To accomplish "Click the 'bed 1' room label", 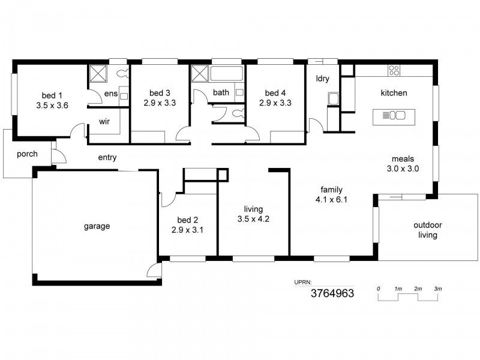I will click(x=52, y=95).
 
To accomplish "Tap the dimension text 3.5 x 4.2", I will click(x=253, y=218).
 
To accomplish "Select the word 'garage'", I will click(x=96, y=226).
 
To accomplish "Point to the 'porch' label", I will click(x=27, y=154).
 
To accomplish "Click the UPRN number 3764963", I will click(x=332, y=293).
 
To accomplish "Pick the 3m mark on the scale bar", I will click(x=438, y=289).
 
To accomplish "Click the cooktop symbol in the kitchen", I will click(x=394, y=70).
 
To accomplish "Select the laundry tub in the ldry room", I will click(x=333, y=98).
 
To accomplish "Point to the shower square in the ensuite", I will click(x=97, y=73).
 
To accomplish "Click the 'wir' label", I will click(x=104, y=121).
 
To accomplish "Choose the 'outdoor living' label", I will click(x=428, y=230).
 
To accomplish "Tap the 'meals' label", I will click(x=402, y=159).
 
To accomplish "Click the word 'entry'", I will click(x=107, y=158).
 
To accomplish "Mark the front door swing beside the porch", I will click(x=58, y=157).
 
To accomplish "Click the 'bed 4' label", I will click(x=275, y=93).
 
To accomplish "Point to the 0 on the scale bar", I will click(x=379, y=289).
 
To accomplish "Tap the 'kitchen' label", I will click(x=394, y=93).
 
